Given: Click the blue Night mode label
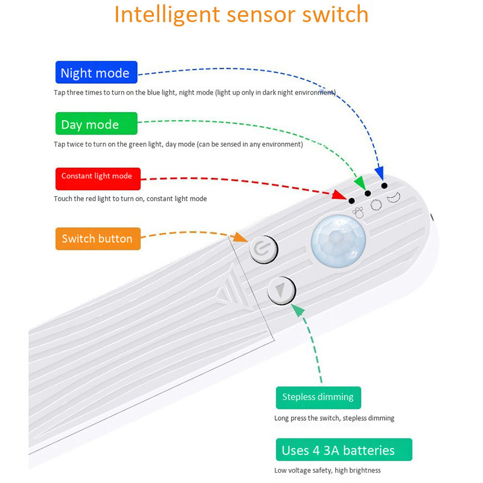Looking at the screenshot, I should (95, 73).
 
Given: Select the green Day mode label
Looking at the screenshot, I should (96, 124).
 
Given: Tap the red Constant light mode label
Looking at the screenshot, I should (97, 176).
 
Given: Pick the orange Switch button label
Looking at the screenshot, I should (97, 238).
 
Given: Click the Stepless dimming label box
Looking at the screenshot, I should (318, 397).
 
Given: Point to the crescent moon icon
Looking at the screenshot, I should (394, 197).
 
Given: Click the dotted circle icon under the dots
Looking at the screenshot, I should (376, 205).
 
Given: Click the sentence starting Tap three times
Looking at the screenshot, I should (194, 92).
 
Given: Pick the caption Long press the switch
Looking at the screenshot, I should (334, 418).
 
